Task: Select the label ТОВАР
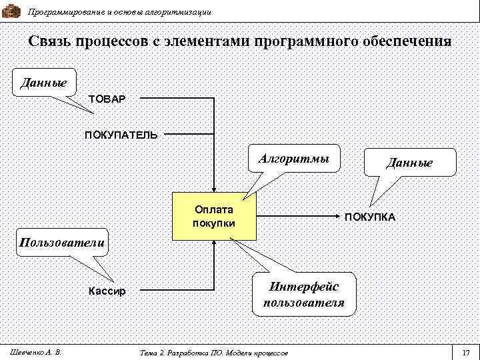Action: click(x=107, y=99)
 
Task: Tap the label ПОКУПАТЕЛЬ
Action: click(x=121, y=135)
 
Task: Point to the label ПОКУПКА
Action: click(x=370, y=217)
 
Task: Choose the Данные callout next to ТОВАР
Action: click(x=43, y=83)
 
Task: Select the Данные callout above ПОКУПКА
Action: click(x=409, y=163)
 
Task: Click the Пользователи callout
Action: click(x=61, y=242)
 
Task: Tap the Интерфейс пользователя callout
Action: click(x=304, y=294)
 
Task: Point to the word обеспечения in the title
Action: click(x=407, y=41)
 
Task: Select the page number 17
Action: click(x=465, y=352)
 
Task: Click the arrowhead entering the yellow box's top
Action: click(x=214, y=189)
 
